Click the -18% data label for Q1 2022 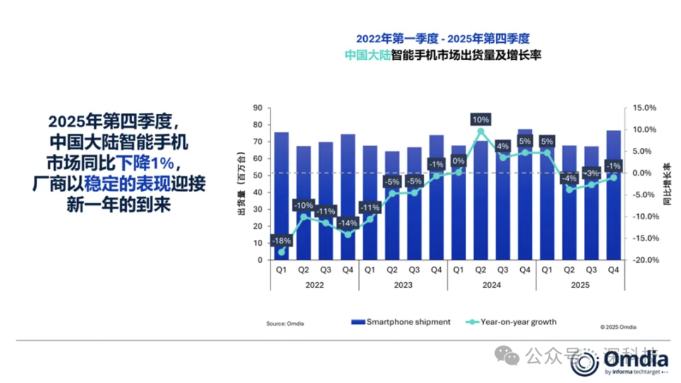(282, 241)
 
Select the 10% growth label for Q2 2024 (481, 119)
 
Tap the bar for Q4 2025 (614, 195)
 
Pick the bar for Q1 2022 (282, 189)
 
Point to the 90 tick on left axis (258, 108)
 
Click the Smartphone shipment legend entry (401, 322)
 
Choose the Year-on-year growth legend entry (511, 322)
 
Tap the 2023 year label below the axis (404, 285)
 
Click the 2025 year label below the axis (580, 285)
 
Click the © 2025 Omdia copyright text (618, 327)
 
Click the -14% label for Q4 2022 (348, 223)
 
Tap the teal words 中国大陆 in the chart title (367, 55)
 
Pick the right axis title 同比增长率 (667, 184)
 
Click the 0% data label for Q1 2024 (458, 161)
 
